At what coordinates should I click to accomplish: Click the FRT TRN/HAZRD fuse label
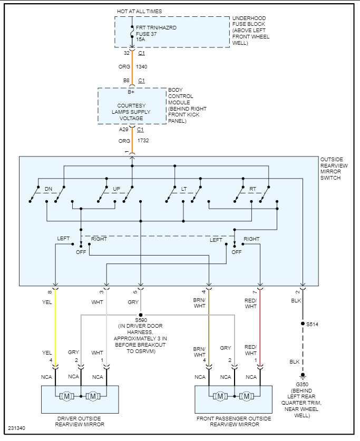point(156,27)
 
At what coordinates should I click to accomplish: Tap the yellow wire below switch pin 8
point(55,328)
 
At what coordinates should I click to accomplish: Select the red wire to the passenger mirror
point(260,328)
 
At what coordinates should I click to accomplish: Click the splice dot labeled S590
point(141,315)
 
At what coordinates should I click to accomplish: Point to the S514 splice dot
point(303,324)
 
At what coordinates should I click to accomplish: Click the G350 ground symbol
point(303,376)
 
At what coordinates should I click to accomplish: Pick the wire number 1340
point(141,67)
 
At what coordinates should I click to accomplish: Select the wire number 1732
point(143,140)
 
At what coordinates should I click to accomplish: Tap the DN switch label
point(48,189)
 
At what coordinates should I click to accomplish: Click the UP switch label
point(116,189)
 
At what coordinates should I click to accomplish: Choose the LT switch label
point(184,189)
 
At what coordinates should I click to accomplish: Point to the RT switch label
point(252,189)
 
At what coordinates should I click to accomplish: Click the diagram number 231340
point(16,428)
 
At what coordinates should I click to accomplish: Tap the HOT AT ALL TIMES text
point(140,11)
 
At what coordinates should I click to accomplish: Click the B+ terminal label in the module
point(131,92)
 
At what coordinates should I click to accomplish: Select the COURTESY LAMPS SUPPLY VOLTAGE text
point(131,112)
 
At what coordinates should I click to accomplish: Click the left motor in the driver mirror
point(67,396)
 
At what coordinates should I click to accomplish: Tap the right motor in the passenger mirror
point(246,396)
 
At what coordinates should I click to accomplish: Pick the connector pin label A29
point(123,130)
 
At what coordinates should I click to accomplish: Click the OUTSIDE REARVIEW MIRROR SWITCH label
point(334,169)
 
